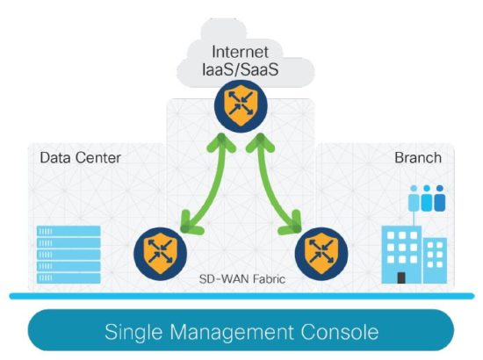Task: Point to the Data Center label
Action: [x=80, y=158]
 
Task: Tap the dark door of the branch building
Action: [x=401, y=277]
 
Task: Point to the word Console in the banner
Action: [x=343, y=333]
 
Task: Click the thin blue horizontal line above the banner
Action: [x=241, y=297]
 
